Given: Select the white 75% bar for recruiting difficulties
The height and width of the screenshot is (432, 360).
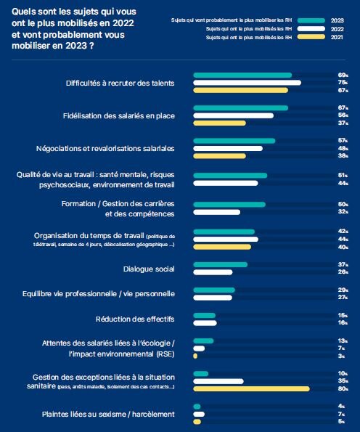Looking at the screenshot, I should tap(247, 83).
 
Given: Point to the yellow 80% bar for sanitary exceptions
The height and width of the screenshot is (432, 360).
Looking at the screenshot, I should tap(251, 389).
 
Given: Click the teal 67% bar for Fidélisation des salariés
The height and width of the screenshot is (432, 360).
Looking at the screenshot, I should tap(240, 108).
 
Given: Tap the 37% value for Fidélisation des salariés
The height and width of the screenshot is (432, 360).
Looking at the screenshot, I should tap(343, 123).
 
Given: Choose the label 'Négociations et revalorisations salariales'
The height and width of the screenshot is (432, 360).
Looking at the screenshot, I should tap(106, 149).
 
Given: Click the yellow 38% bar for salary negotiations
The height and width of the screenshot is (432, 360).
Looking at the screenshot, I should tap(220, 156).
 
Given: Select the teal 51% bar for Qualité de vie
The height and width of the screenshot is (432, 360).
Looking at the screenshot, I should tap(230, 175).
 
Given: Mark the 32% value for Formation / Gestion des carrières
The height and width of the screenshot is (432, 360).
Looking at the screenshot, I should tap(343, 213).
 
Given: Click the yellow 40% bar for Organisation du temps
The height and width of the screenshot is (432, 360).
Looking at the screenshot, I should tap(221, 247).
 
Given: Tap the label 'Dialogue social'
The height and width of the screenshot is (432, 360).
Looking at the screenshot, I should tap(150, 269).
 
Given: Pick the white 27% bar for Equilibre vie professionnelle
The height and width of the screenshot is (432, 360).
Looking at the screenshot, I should tap(213, 298).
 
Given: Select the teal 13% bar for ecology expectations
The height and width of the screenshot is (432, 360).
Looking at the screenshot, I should tap(203, 341).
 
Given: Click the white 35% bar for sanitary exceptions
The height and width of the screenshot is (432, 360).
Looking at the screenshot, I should tap(218, 381).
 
